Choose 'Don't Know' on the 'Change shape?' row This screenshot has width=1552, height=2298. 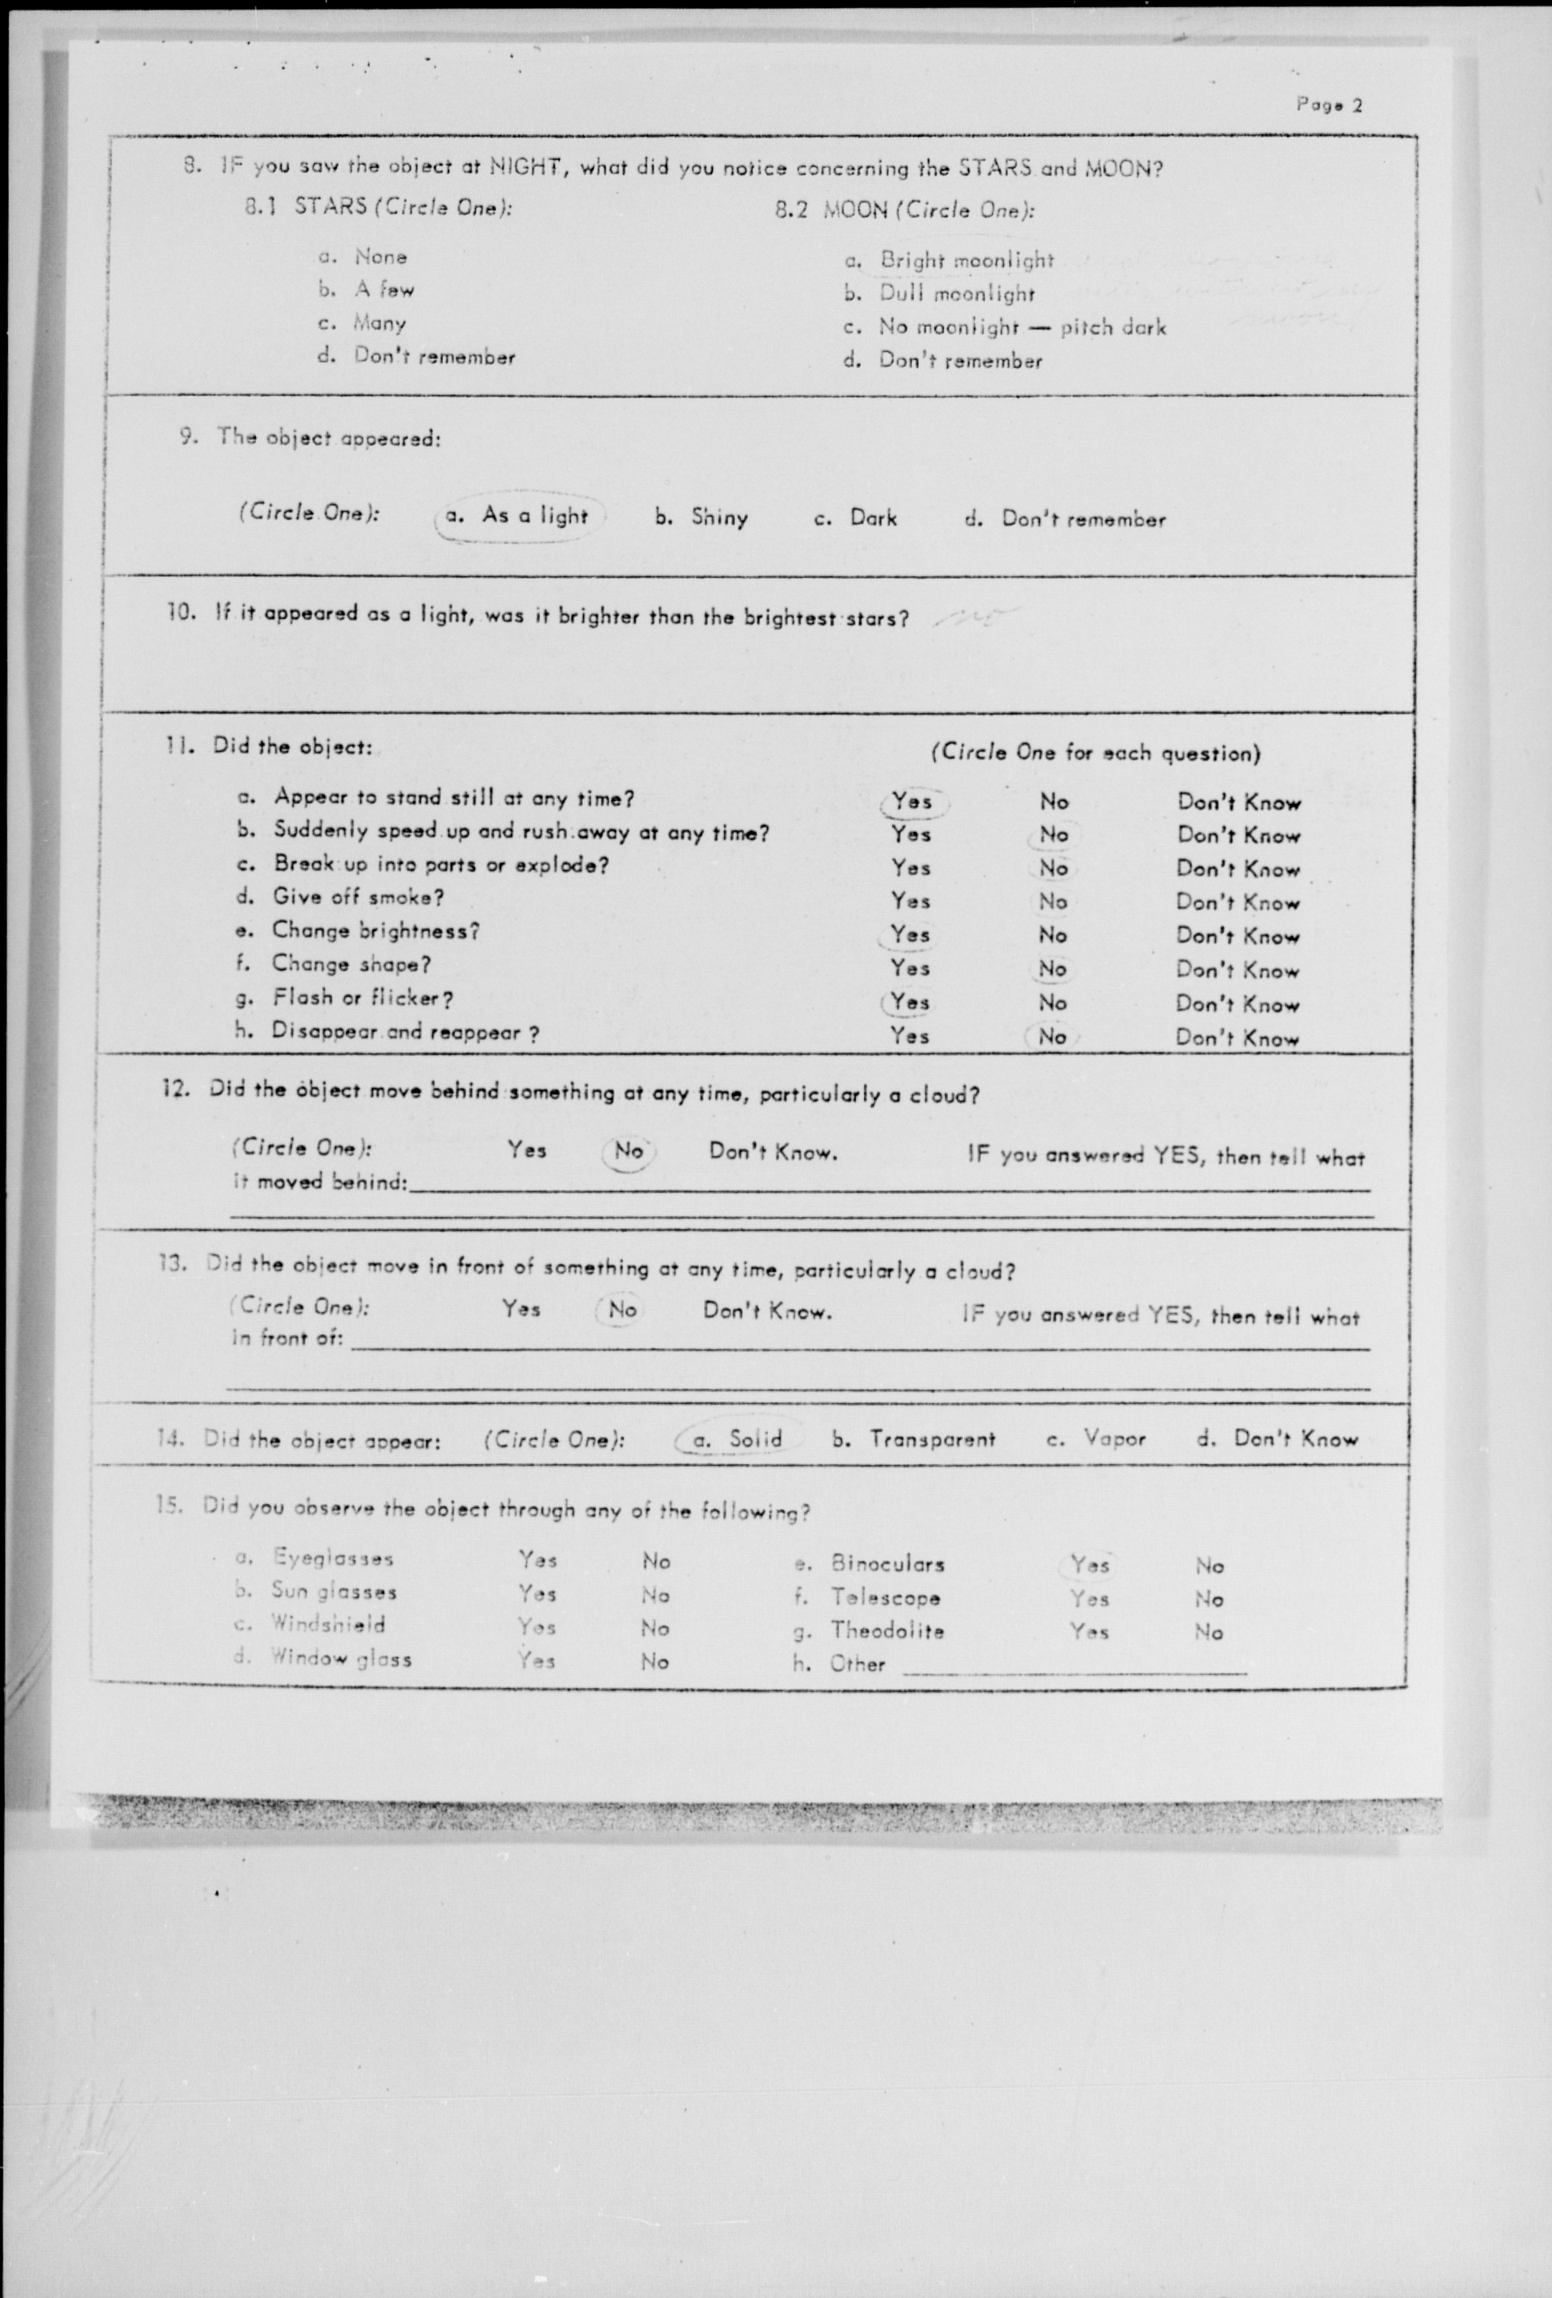(x=1237, y=970)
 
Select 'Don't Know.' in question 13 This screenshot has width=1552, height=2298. (x=767, y=1312)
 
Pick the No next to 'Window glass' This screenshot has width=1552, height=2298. (x=655, y=1662)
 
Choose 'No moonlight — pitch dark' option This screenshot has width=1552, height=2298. (x=1022, y=327)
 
